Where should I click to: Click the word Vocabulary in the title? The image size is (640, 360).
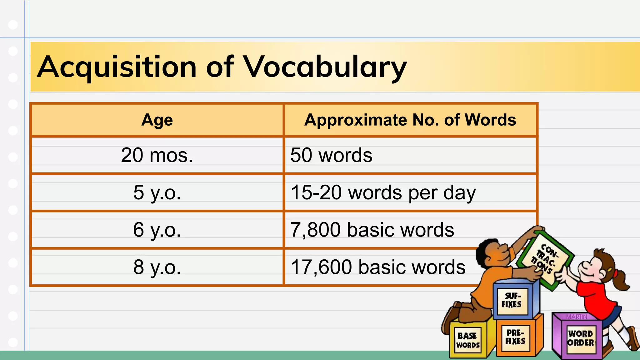(325, 67)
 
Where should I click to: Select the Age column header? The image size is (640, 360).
(157, 120)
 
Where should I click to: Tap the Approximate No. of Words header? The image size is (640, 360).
(410, 120)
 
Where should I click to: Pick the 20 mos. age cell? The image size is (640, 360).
(157, 155)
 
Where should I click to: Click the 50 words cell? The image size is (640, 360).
(331, 155)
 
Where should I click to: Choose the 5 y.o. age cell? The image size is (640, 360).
(157, 192)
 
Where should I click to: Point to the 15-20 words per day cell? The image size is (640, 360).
(383, 192)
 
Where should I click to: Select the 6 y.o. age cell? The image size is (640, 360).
(157, 230)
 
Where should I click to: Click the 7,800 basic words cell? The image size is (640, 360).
(372, 230)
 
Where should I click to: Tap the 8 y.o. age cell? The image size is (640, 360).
(157, 267)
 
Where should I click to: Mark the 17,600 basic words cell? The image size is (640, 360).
(378, 267)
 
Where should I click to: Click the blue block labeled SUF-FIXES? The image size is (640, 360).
(512, 300)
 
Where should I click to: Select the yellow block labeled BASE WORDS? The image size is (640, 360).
(468, 340)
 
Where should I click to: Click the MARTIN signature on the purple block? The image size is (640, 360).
(577, 317)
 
